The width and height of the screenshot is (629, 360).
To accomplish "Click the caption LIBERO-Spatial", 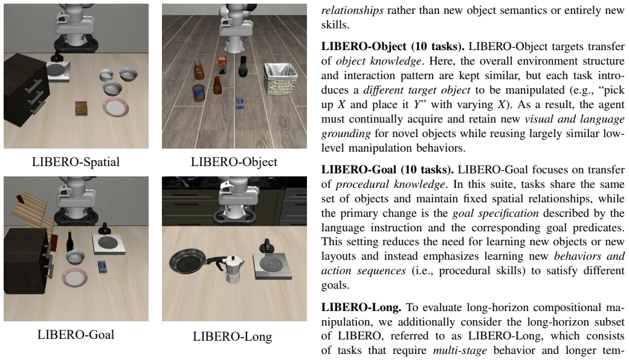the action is point(76,162).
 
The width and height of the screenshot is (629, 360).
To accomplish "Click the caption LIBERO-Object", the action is point(234,162).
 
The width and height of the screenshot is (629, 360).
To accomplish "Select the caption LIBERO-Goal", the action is point(76,335).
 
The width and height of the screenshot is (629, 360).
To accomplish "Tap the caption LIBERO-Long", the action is point(232,336).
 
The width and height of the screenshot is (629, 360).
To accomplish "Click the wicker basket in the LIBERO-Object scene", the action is point(281,79).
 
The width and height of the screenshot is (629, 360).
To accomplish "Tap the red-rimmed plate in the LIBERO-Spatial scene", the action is point(115,107).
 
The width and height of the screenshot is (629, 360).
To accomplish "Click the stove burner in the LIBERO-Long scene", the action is point(271,265).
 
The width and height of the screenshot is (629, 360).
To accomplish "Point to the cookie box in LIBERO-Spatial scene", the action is point(82,108).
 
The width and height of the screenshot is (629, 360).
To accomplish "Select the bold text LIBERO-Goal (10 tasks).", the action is point(387,170).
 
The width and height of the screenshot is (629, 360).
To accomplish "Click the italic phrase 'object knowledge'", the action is point(378,61).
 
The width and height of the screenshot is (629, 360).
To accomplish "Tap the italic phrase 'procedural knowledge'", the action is point(390,184).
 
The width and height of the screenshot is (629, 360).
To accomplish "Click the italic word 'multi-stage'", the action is point(460,350).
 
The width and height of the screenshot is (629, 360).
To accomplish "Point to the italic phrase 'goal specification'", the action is point(495,213).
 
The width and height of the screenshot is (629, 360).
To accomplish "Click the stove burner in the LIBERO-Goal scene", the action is point(108,243).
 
